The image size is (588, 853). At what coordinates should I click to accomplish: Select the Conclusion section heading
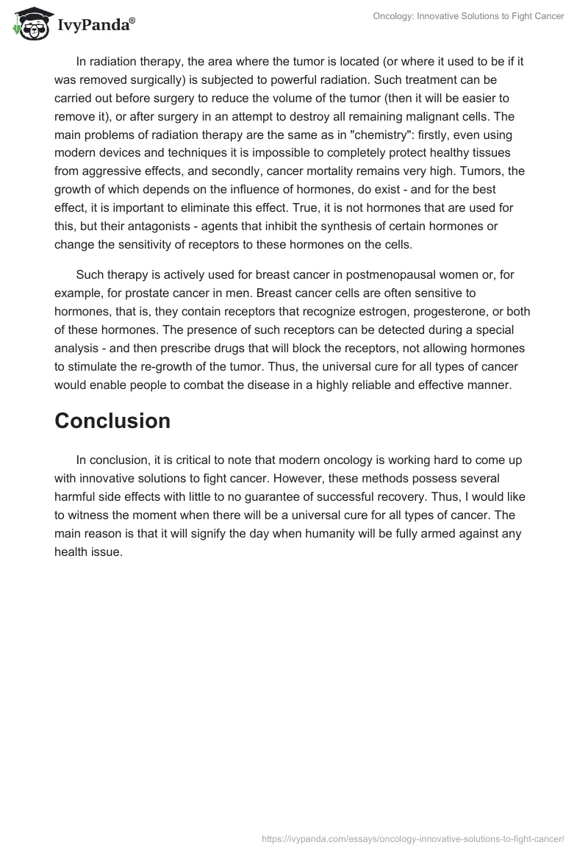coord(112,421)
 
